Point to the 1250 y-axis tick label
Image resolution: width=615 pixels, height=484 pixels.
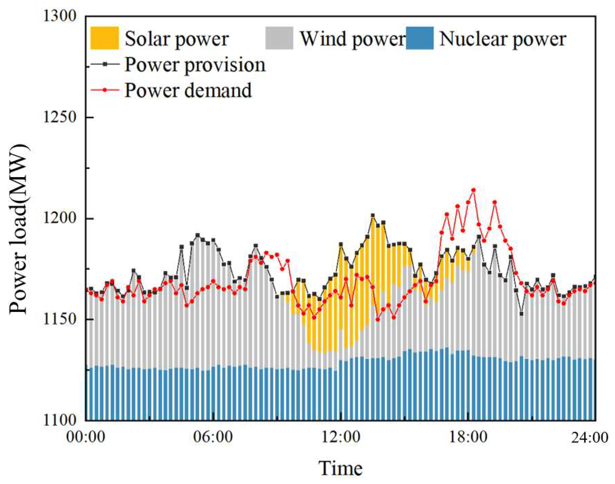point(60,117)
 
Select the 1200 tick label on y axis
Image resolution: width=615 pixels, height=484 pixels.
point(60,218)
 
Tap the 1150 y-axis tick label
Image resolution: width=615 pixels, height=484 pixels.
point(60,319)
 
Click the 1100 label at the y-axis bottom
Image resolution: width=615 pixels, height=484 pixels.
point(60,420)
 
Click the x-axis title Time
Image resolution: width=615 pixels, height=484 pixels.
point(340,468)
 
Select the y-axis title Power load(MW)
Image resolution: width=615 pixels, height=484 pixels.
point(18,229)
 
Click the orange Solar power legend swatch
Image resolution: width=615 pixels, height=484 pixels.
point(104,38)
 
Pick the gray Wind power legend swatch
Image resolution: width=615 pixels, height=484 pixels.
point(279,38)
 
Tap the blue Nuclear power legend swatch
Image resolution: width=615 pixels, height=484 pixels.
point(420,38)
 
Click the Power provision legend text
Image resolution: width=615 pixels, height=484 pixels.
point(195,65)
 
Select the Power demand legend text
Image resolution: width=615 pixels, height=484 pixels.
point(188,91)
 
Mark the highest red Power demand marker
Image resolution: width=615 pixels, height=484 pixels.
point(473,190)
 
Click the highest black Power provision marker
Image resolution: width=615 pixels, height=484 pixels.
point(373,216)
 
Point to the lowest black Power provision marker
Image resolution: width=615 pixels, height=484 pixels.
point(521,314)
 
